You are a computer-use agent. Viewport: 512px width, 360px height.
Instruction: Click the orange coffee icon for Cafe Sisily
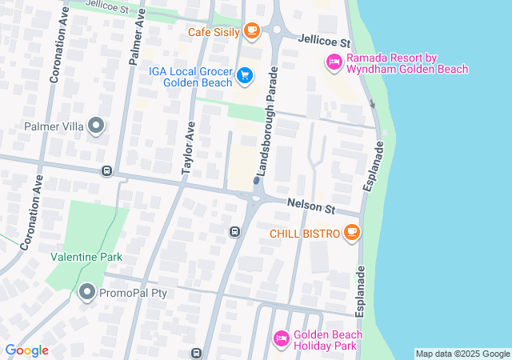click(252, 31)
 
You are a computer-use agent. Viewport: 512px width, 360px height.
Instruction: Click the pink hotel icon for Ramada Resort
click(334, 62)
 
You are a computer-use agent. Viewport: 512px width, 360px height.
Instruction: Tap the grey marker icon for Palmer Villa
click(96, 126)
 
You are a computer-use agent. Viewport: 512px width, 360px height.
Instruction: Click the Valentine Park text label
click(86, 257)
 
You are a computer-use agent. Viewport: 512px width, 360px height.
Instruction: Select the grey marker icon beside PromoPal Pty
click(86, 293)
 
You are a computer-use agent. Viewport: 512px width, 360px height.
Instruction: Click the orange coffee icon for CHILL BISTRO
click(350, 233)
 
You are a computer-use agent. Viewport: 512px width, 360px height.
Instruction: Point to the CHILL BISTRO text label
click(303, 234)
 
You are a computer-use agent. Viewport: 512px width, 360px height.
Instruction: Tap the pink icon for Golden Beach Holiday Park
click(281, 340)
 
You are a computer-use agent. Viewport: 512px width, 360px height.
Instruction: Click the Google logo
click(26, 350)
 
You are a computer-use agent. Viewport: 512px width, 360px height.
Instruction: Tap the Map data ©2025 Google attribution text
click(462, 354)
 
